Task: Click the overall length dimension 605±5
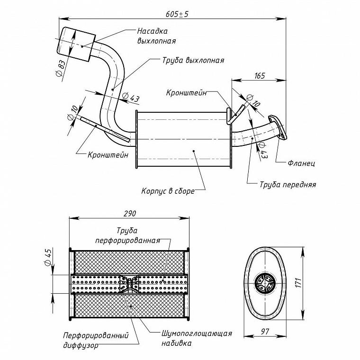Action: click(177, 14)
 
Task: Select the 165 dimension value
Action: click(260, 76)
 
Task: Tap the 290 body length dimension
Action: click(130, 214)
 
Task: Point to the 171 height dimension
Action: click(298, 282)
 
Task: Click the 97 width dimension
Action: click(265, 332)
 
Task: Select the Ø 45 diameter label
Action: click(48, 257)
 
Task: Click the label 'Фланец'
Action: click(301, 163)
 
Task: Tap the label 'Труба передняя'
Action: click(288, 184)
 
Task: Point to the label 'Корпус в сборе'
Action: click(168, 191)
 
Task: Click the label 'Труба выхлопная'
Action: click(193, 60)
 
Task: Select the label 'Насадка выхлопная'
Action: click(156, 36)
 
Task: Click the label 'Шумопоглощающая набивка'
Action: click(197, 338)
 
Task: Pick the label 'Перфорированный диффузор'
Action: click(96, 340)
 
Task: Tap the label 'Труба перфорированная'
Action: click(127, 235)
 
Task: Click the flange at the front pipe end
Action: click(278, 127)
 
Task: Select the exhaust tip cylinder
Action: click(76, 45)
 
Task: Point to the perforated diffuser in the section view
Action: click(128, 284)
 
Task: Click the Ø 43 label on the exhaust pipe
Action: click(131, 98)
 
